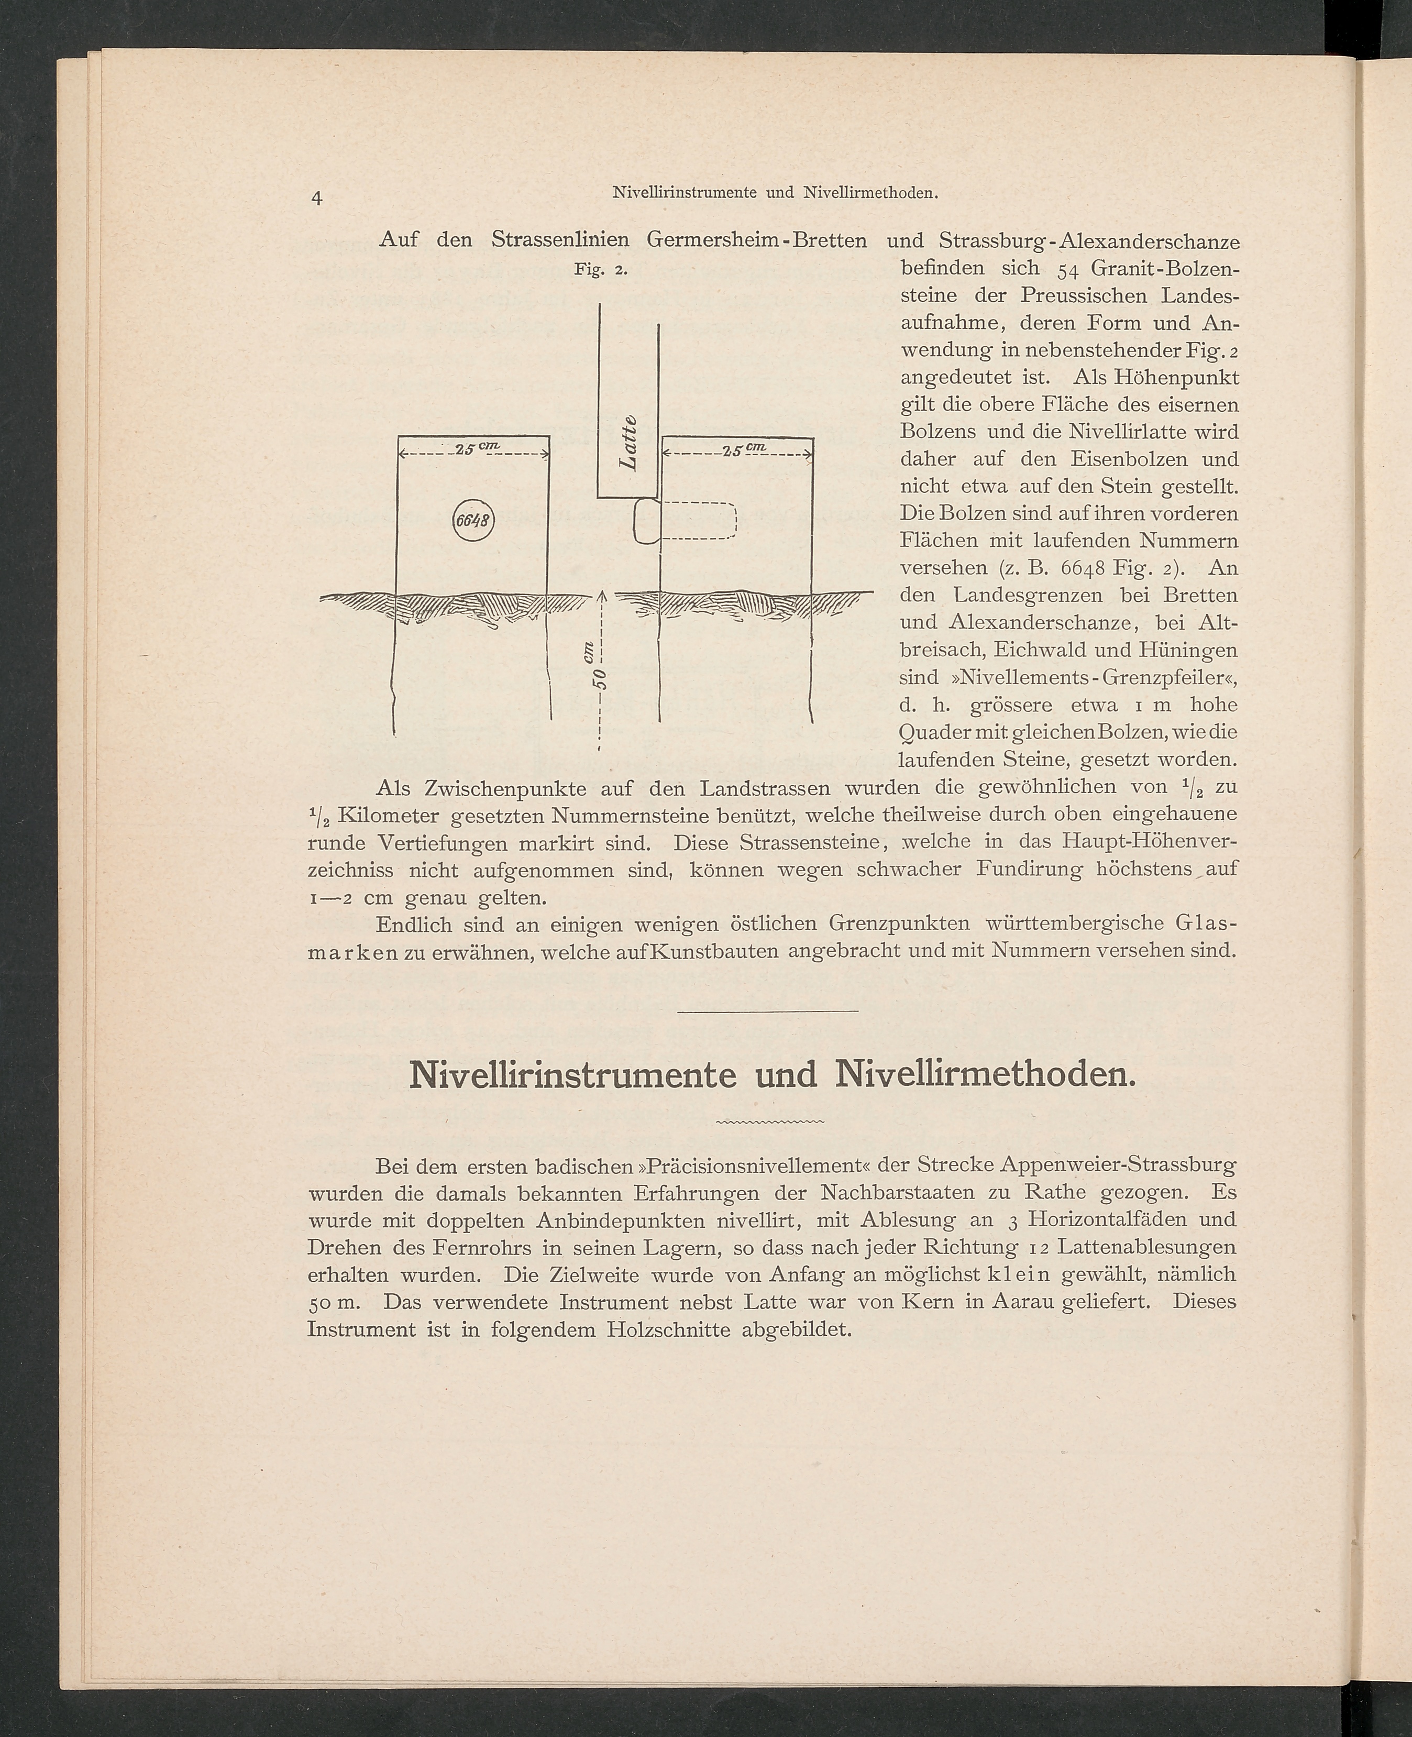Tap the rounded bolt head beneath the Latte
[x=647, y=521]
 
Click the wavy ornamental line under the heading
[x=769, y=1124]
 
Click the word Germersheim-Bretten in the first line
[x=756, y=241]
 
